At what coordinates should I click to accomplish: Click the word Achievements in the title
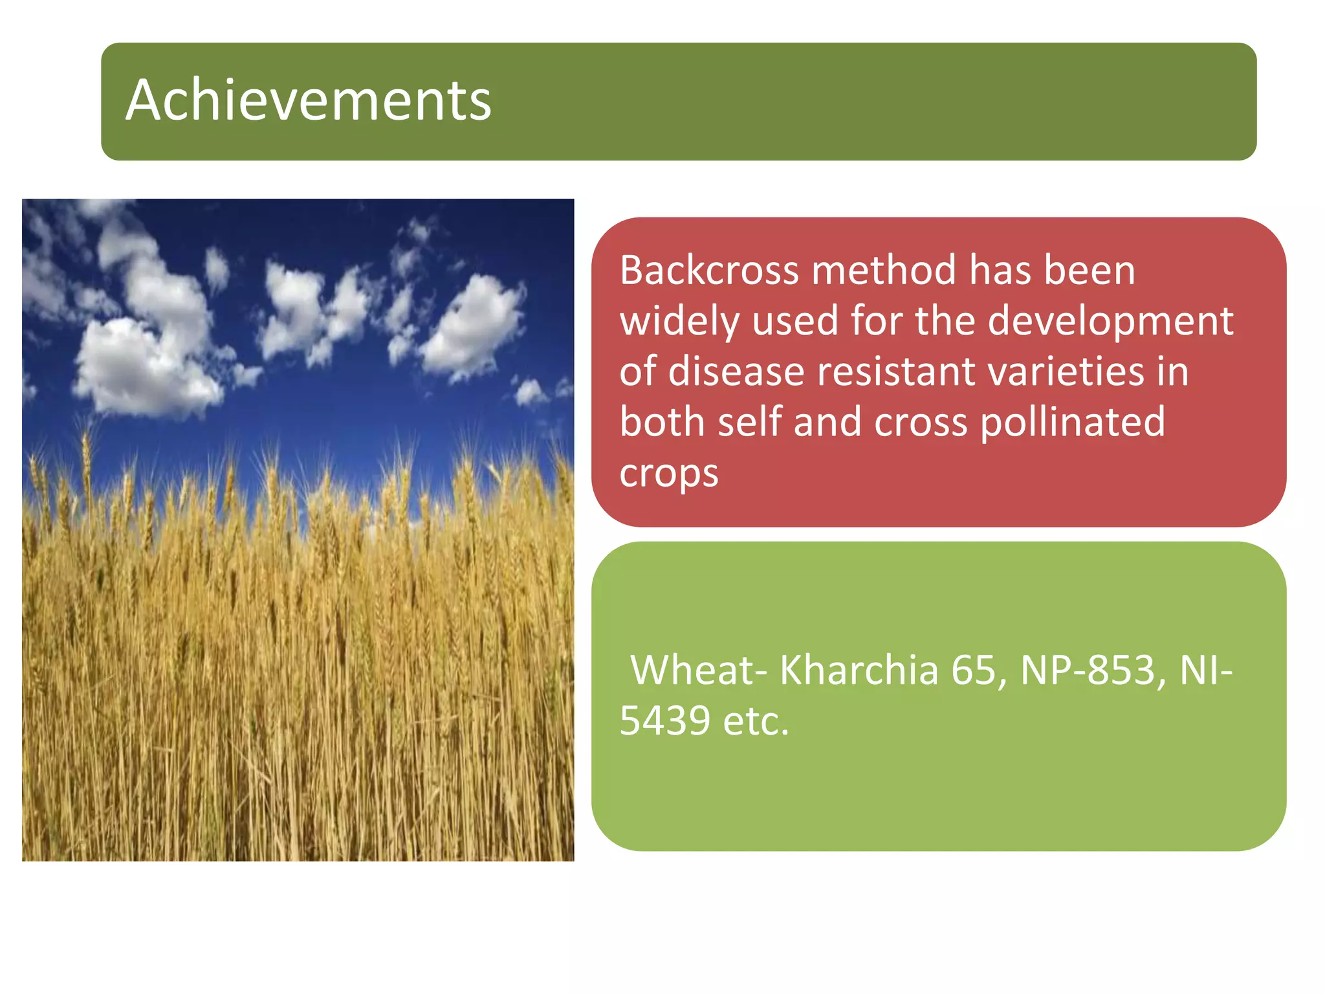[x=309, y=100]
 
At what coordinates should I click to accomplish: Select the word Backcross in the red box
[x=710, y=270]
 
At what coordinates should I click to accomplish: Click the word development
[x=1110, y=321]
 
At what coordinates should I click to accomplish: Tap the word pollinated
[x=1072, y=423]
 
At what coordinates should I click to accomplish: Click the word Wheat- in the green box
[x=699, y=670]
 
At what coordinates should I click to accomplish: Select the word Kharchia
[x=859, y=670]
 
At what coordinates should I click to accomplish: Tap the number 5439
[x=664, y=721]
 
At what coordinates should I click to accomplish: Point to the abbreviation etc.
[x=756, y=721]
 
